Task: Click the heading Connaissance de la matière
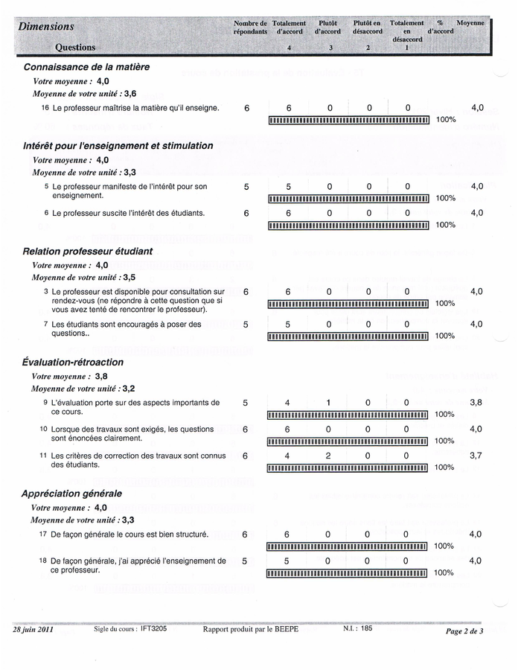point(86,67)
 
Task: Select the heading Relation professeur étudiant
point(88,252)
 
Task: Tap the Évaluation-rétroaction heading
point(73,362)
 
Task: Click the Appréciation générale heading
point(72,493)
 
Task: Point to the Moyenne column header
point(470,23)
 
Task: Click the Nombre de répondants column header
point(250,28)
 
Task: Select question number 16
point(45,108)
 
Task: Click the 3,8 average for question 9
point(476,403)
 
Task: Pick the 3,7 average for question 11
point(476,456)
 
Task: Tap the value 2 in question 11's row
point(327,456)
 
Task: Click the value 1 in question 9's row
point(327,403)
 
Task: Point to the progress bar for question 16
point(348,120)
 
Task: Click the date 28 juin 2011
point(33,630)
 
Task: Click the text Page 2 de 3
point(464,631)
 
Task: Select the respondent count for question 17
point(245,535)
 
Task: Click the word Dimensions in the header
point(46,26)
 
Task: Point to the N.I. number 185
point(365,629)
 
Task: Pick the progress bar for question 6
point(348,225)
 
